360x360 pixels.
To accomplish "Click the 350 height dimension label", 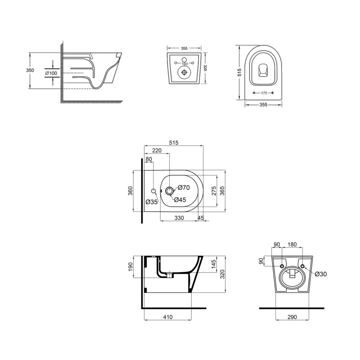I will pos(29,71).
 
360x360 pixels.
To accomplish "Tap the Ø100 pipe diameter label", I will pos(50,72).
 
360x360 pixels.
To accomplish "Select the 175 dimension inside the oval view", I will pos(264,93).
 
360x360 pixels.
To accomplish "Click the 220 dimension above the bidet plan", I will pos(157,151).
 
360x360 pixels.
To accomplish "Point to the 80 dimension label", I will pos(149,159).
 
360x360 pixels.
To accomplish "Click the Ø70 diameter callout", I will pos(184,187).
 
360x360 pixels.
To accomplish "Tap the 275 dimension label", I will pos(214,191).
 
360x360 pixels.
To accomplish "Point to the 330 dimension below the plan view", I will pos(180,218).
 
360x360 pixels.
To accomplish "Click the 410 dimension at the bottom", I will pos(168,317).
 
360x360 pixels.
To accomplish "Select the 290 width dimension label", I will pos(293,317).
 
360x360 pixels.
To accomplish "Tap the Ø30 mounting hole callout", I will pos(320,274).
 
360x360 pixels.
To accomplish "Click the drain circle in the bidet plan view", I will pos(169,191).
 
